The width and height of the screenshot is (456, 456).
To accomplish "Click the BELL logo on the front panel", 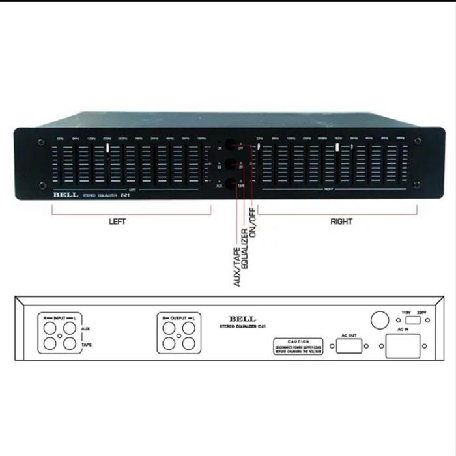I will pos(66,193).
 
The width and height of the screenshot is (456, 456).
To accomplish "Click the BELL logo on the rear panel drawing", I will pos(239,317).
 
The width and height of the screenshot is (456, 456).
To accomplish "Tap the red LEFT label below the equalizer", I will pos(117,221).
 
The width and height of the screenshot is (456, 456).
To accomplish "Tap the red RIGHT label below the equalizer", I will pos(341,221).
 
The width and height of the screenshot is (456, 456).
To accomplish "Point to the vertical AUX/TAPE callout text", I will pos(237,258).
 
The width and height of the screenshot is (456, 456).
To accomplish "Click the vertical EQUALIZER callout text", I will pos(246,249).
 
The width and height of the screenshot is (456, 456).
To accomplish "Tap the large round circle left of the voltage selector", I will pos(380,321).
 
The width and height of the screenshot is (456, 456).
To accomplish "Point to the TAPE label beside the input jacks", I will pos(87,345).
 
